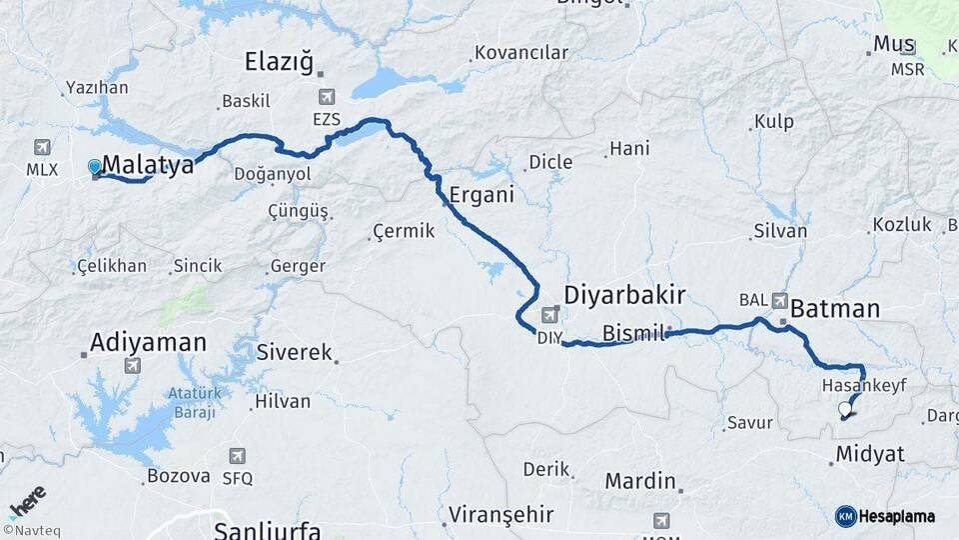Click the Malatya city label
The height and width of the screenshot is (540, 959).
148,165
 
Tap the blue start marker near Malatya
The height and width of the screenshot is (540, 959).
95,166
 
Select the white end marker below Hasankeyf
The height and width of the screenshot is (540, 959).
846,408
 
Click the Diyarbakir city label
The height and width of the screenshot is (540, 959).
624,295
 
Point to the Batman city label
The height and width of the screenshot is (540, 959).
834,309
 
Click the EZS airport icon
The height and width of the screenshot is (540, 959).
327,97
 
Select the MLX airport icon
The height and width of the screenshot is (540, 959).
42,147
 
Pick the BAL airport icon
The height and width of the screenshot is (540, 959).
780,299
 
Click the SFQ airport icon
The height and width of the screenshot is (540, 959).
237,456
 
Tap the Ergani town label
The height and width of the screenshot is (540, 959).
481,195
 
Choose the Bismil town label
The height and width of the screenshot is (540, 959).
634,333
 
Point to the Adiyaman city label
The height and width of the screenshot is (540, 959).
148,342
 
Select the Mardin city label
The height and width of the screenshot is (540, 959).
640,481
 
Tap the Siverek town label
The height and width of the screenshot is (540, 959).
294,352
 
